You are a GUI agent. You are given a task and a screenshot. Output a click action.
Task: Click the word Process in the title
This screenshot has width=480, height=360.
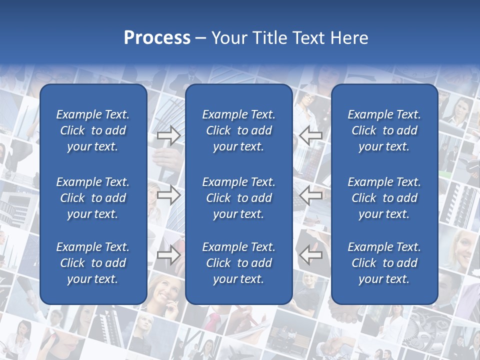coord(157,38)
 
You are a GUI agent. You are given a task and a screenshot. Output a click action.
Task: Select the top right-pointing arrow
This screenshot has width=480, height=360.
coord(168,135)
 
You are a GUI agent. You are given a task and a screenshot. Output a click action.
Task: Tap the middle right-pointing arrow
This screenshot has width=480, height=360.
coord(168,195)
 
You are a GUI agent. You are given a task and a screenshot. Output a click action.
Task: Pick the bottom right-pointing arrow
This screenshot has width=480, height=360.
coord(168,255)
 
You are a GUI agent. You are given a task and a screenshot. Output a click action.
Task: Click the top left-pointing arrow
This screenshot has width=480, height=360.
coord(311,134)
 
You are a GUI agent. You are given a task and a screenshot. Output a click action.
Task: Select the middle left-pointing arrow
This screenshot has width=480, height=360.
coord(311,195)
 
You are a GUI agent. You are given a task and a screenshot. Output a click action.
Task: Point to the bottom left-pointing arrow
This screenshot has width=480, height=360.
coord(311,255)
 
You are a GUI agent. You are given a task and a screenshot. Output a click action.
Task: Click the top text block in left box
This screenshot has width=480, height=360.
coord(93,130)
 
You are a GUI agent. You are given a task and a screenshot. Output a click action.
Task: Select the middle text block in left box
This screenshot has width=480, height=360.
coord(93,198)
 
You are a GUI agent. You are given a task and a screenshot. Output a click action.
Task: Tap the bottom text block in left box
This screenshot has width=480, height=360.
coord(93,263)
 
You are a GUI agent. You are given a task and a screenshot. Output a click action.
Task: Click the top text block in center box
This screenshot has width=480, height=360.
coord(238,130)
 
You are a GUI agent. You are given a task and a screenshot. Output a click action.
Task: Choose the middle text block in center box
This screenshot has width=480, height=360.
coord(238,198)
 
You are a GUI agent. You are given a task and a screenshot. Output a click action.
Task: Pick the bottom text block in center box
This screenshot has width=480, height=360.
coord(238,263)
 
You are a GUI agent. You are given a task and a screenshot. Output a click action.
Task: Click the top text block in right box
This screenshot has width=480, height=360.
coord(384,130)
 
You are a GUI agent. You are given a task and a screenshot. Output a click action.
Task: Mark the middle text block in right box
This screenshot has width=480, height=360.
coord(384,198)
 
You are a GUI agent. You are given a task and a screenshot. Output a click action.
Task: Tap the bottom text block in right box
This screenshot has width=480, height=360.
coord(384,263)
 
